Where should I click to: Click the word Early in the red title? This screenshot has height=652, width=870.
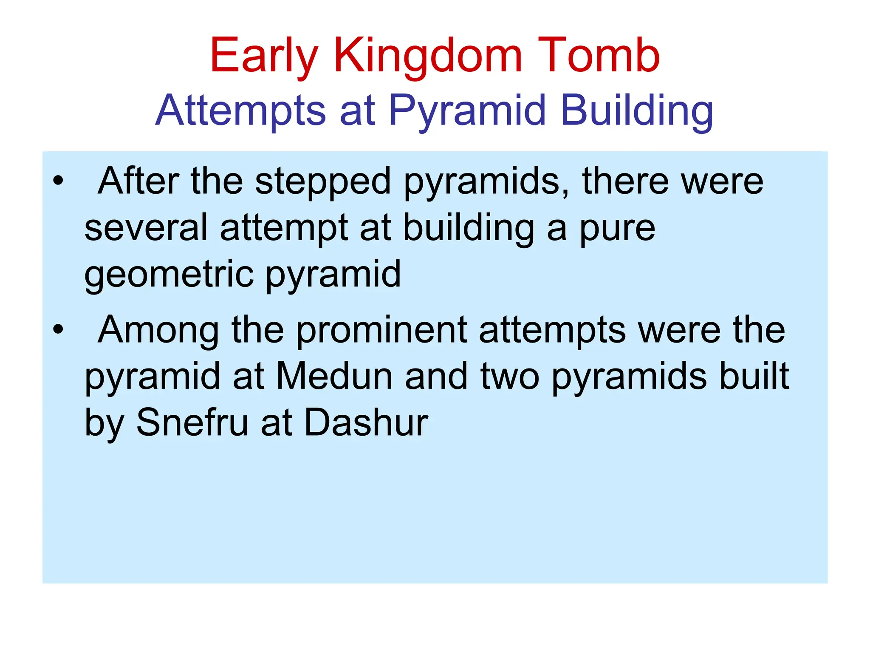point(263,57)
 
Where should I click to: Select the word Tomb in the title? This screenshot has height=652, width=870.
point(599,56)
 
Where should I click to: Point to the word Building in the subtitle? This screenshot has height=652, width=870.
point(637,111)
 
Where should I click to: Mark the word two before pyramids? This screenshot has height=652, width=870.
point(510,377)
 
